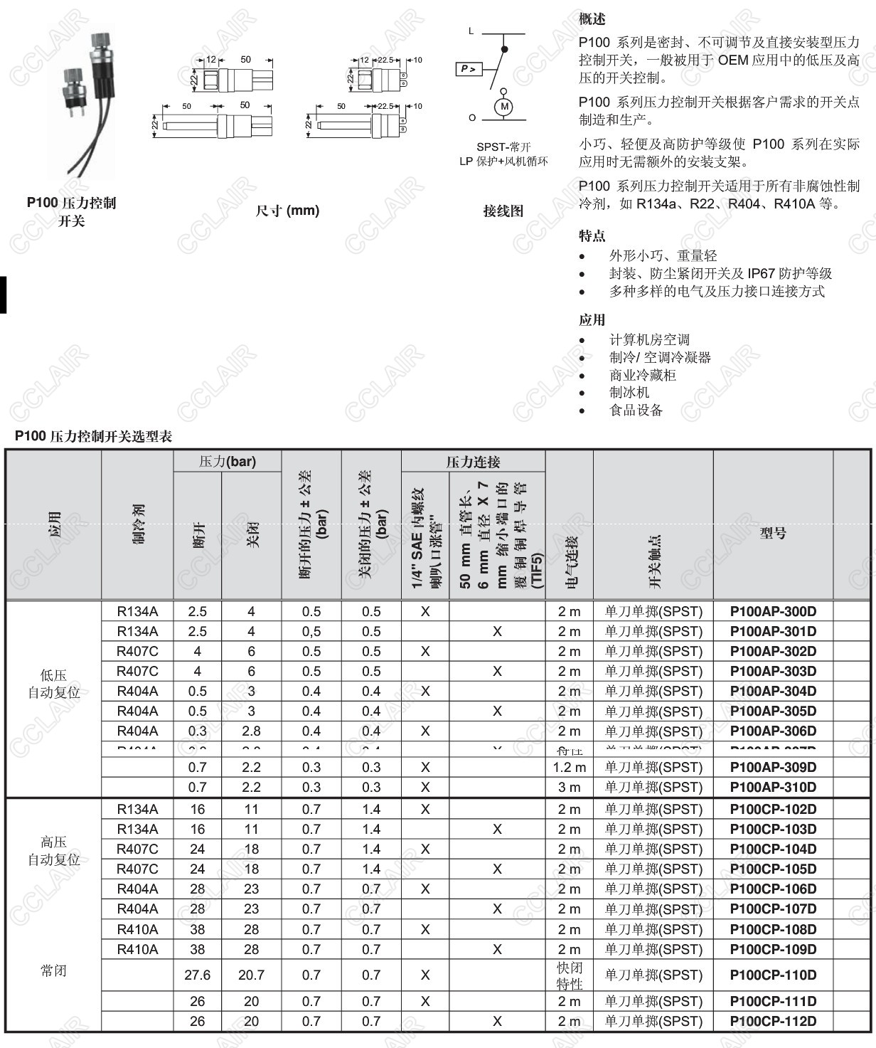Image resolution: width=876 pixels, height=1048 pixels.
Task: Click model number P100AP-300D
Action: [x=773, y=611]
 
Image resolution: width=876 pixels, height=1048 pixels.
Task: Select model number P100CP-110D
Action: [x=773, y=975]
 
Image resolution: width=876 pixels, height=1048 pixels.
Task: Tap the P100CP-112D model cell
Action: [x=773, y=1021]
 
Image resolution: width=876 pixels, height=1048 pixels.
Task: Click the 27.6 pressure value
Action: [x=197, y=975]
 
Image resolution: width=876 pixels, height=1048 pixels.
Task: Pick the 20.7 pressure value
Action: [x=251, y=975]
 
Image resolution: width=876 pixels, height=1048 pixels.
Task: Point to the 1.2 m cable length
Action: [x=569, y=767]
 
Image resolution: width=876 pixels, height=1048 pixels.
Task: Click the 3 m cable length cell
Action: [x=569, y=787]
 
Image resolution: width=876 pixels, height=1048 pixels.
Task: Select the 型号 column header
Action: [x=773, y=532]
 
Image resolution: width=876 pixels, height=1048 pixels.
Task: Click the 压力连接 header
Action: [x=473, y=462]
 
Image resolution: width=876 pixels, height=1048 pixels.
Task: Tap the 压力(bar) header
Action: [x=227, y=462]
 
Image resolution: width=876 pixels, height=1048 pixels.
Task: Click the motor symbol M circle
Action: [x=504, y=107]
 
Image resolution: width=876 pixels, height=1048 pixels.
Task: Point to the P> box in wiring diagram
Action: [x=469, y=69]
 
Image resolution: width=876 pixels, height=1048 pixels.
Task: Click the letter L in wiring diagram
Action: [x=471, y=31]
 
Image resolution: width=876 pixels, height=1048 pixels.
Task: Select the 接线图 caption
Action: [x=503, y=211]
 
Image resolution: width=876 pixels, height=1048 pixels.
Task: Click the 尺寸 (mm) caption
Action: [x=287, y=211]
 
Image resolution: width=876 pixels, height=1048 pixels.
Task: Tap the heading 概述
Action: [x=592, y=19]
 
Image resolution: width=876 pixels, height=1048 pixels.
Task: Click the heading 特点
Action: [x=592, y=235]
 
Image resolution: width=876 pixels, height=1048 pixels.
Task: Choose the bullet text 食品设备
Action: [x=636, y=410]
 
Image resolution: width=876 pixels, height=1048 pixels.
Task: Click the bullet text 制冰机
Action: [x=629, y=392]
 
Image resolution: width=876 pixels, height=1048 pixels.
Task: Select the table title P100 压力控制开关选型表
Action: [x=93, y=436]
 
